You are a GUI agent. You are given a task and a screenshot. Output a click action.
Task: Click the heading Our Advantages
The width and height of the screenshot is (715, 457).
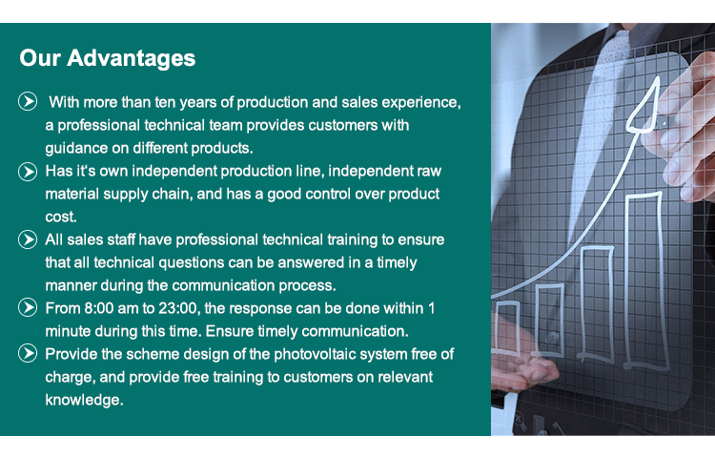(107, 58)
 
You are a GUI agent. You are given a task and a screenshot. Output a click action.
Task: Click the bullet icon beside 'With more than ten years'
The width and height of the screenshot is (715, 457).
(28, 101)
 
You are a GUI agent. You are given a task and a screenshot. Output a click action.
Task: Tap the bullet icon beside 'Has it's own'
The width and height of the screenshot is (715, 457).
(28, 172)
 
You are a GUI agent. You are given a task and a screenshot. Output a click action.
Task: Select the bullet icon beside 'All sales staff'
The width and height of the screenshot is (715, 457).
(28, 239)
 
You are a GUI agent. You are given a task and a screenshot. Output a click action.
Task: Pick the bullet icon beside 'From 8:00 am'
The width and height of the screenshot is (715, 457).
(28, 307)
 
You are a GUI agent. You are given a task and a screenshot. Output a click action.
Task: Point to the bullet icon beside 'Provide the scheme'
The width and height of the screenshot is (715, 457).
(28, 353)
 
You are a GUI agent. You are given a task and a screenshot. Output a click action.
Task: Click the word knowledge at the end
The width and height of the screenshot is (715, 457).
(84, 400)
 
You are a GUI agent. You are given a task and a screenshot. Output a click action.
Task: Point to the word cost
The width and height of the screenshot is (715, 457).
(61, 217)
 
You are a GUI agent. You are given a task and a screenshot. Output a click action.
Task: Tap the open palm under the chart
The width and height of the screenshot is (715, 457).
(524, 369)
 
